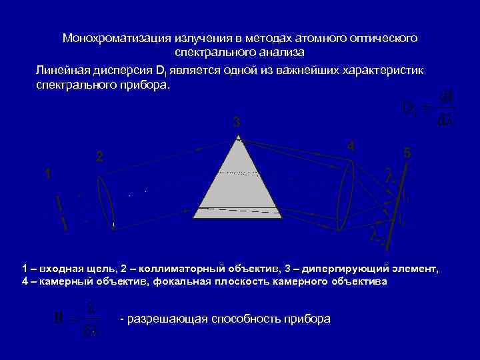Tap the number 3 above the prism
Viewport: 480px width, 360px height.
(236, 123)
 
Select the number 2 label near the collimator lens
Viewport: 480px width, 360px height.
(99, 158)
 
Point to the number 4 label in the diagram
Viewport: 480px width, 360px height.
(351, 147)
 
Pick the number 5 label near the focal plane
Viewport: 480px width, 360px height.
(407, 153)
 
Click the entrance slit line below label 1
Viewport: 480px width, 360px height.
(61, 213)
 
